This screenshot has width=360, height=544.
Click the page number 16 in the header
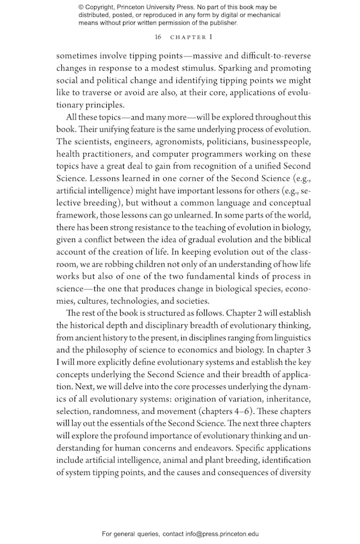(158, 37)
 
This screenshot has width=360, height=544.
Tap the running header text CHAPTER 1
(191, 37)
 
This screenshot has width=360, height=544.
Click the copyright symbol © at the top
(82, 7)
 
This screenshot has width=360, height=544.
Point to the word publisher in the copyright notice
(221, 23)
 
